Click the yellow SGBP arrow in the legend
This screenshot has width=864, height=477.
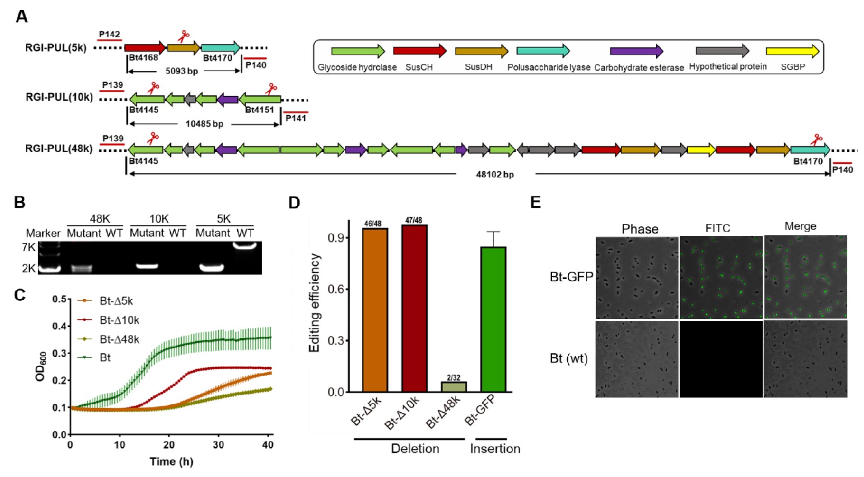point(792,51)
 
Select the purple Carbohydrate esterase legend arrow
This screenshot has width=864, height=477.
point(636,51)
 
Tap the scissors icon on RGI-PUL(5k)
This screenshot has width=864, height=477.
point(183,37)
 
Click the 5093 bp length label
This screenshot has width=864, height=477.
point(181,71)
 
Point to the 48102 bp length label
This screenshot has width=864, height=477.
point(494,174)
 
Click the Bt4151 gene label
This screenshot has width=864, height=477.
point(259,110)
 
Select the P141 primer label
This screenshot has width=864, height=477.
point(296,118)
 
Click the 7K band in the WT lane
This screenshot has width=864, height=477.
point(245,245)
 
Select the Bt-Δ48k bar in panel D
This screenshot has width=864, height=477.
point(453,387)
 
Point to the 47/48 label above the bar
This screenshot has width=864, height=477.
point(414,220)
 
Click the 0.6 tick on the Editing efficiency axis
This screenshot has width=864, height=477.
point(335,289)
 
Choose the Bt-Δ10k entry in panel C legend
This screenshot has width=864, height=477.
point(119,320)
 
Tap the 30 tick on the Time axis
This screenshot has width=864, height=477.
point(218,445)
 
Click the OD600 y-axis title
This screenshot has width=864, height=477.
point(41,366)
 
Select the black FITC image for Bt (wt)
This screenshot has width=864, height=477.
point(720,359)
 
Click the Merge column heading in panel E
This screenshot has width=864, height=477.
point(800,226)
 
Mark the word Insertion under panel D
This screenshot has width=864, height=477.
point(495,449)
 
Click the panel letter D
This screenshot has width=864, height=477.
point(294,203)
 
